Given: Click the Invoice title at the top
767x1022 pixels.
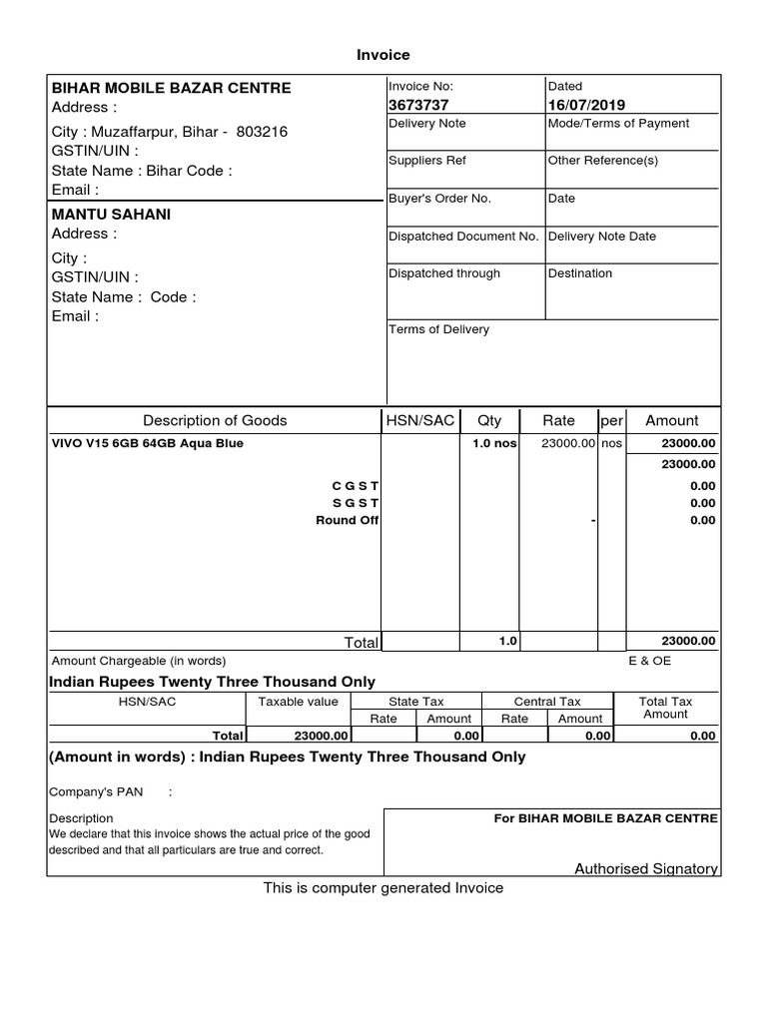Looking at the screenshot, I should (383, 55).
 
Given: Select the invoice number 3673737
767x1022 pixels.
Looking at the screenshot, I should (418, 105).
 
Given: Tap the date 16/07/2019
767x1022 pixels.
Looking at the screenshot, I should (584, 105).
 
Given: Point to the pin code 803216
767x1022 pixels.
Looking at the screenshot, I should (262, 132).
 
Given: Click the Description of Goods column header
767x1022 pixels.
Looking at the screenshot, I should (215, 420).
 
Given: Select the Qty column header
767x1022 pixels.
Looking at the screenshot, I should (489, 420).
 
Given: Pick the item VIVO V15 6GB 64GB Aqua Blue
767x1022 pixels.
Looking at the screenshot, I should (147, 443).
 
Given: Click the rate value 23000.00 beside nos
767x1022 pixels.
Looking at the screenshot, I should (568, 443).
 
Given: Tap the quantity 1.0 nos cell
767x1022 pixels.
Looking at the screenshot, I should (493, 443).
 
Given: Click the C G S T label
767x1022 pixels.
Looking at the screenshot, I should (355, 485).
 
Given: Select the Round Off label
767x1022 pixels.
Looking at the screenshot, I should (347, 520).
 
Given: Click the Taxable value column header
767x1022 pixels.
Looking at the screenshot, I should (298, 702).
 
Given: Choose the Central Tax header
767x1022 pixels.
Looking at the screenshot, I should (546, 702).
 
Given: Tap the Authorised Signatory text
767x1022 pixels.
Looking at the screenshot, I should (645, 868).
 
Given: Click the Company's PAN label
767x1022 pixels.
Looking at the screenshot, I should (96, 791).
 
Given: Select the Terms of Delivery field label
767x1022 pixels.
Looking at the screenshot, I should (438, 329).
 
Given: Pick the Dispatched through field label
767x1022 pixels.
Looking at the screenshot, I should (444, 273).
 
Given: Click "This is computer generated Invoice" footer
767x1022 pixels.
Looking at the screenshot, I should (383, 887).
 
